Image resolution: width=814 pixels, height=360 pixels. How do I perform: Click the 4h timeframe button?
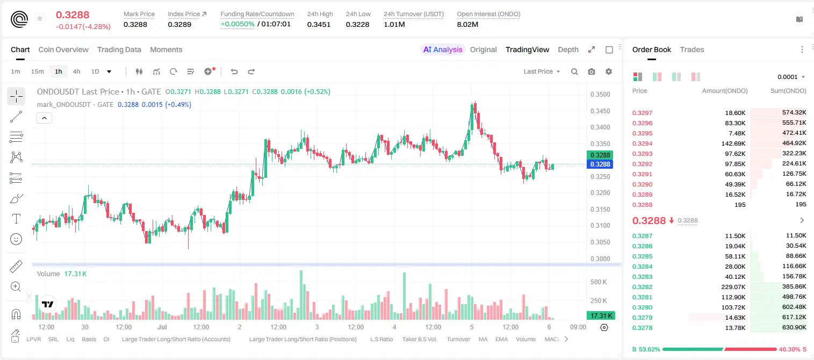[x=76, y=71]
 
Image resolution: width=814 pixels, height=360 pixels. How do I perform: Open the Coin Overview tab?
[x=63, y=49]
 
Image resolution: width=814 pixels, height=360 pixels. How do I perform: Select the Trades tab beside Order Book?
[x=692, y=49]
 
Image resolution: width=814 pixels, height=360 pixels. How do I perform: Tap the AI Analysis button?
[x=443, y=49]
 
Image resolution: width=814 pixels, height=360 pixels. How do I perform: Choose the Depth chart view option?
[x=568, y=49]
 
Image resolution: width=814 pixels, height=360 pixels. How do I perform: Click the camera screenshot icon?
[x=592, y=71]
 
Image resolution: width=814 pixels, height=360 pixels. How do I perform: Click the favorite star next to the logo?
[x=40, y=18]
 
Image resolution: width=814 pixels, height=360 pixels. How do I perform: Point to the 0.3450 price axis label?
[x=600, y=111]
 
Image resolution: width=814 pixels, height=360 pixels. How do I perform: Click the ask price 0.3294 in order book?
[x=642, y=143]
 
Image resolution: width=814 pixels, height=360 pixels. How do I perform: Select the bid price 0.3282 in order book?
[x=642, y=287]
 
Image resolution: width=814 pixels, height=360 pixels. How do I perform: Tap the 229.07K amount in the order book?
[x=733, y=287]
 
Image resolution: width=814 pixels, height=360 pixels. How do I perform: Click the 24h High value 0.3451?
[x=319, y=24]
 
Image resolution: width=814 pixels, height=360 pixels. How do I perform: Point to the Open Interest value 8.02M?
[x=467, y=24]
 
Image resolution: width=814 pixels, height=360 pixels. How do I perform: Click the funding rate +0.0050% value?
[x=237, y=24]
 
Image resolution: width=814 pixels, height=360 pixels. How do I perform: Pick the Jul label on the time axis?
[x=162, y=327]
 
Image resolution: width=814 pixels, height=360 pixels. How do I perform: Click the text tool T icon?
[x=16, y=219]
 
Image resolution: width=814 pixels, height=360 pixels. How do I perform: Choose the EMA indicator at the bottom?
[x=501, y=339]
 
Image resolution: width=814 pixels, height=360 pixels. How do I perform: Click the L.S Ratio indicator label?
[x=381, y=339]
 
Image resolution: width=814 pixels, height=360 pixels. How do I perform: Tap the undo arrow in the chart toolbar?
[x=234, y=71]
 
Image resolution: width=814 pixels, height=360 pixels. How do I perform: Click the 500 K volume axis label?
[x=599, y=282]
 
